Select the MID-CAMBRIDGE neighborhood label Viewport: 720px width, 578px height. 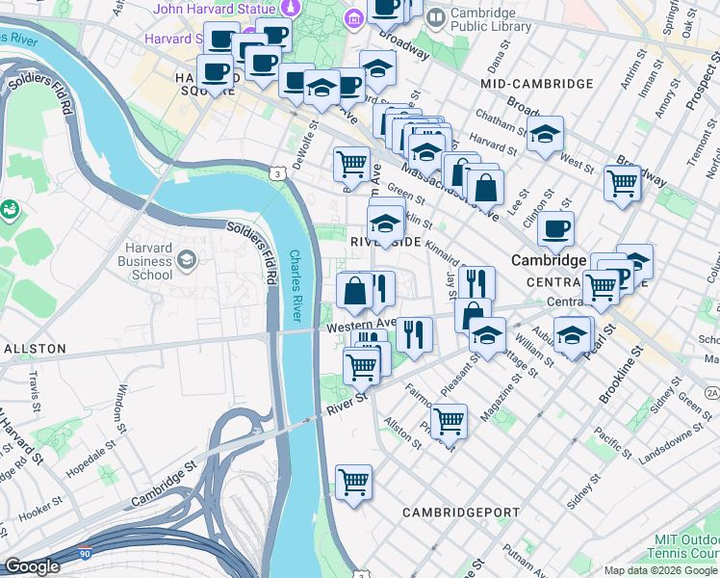536,84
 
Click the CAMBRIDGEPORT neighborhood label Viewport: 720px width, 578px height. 461,512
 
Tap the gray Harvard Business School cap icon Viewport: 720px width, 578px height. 187,259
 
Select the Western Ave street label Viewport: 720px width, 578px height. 361,325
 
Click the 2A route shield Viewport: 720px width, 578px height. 711,393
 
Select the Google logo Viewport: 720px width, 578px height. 32,566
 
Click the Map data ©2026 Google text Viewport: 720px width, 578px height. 659,570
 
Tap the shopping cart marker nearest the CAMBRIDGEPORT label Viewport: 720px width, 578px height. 353,482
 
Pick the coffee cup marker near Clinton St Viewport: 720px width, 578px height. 555,229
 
